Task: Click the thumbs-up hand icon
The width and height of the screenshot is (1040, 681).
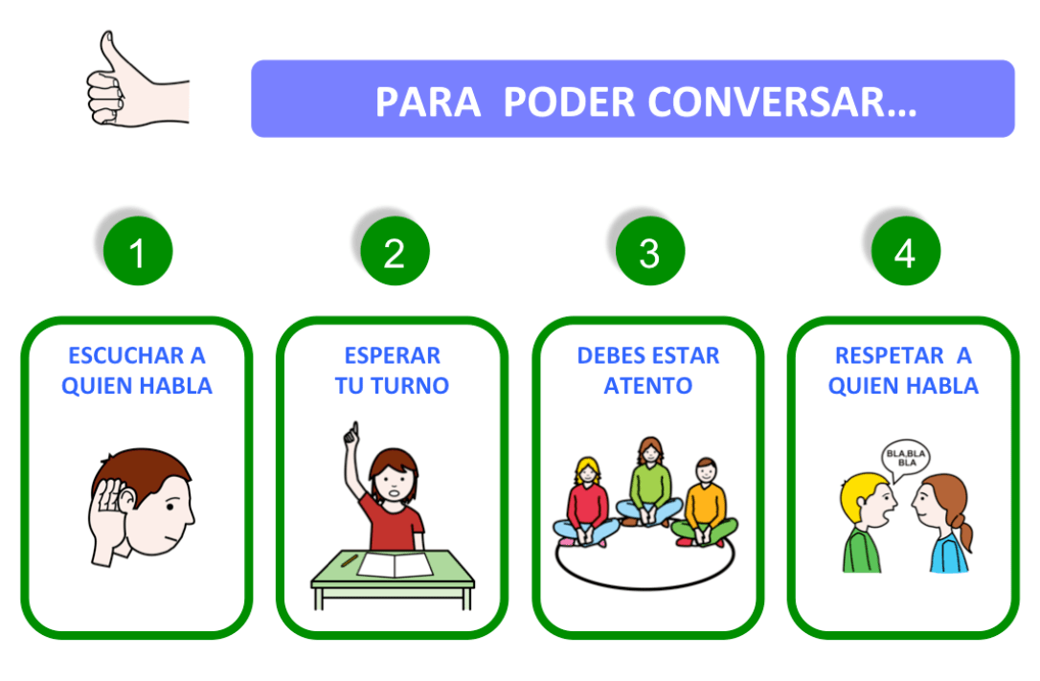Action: (x=134, y=80)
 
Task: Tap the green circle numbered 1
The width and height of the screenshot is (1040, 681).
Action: (x=138, y=252)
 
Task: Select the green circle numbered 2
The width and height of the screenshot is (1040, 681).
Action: (x=395, y=252)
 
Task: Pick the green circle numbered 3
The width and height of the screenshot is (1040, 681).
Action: (x=649, y=252)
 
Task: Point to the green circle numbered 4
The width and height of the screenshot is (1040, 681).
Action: (x=905, y=252)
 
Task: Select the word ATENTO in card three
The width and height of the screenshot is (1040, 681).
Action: (x=648, y=386)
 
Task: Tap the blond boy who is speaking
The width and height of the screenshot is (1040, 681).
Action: (x=866, y=522)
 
